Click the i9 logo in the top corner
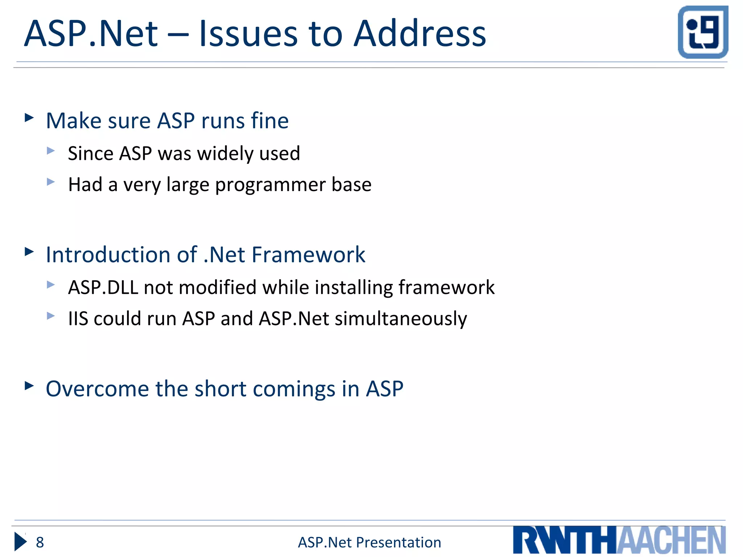(x=703, y=32)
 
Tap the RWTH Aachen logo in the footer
(x=619, y=540)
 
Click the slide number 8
(x=40, y=542)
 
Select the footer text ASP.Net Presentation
(x=369, y=542)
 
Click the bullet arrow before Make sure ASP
(x=29, y=117)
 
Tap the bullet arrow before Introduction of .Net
(x=29, y=251)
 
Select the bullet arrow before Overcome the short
(x=29, y=385)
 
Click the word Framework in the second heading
(x=308, y=255)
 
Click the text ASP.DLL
(x=103, y=288)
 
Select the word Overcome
(x=97, y=389)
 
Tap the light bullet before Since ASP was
(x=51, y=150)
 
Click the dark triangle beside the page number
(x=20, y=542)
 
